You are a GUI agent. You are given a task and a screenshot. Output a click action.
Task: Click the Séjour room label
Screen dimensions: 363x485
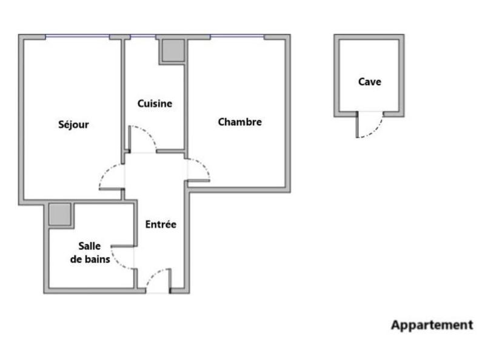click(73, 125)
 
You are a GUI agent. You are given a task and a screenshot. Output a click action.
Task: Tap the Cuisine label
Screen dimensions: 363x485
click(155, 104)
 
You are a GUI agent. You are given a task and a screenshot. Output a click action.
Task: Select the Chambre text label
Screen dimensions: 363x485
click(239, 122)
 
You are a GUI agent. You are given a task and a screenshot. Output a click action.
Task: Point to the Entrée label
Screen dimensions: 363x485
click(161, 224)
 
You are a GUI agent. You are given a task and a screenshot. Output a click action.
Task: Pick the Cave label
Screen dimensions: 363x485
click(369, 81)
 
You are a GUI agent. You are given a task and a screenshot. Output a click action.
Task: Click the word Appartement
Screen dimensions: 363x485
click(432, 325)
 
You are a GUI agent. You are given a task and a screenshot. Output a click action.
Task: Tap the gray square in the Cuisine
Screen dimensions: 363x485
click(172, 50)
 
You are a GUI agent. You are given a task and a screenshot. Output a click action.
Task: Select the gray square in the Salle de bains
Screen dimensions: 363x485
click(61, 214)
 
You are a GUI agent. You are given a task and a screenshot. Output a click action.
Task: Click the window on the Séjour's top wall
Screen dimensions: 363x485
click(78, 36)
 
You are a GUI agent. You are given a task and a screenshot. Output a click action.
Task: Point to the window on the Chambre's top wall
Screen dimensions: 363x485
click(237, 36)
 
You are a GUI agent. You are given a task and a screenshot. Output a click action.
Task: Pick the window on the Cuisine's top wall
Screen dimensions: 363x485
click(143, 36)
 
